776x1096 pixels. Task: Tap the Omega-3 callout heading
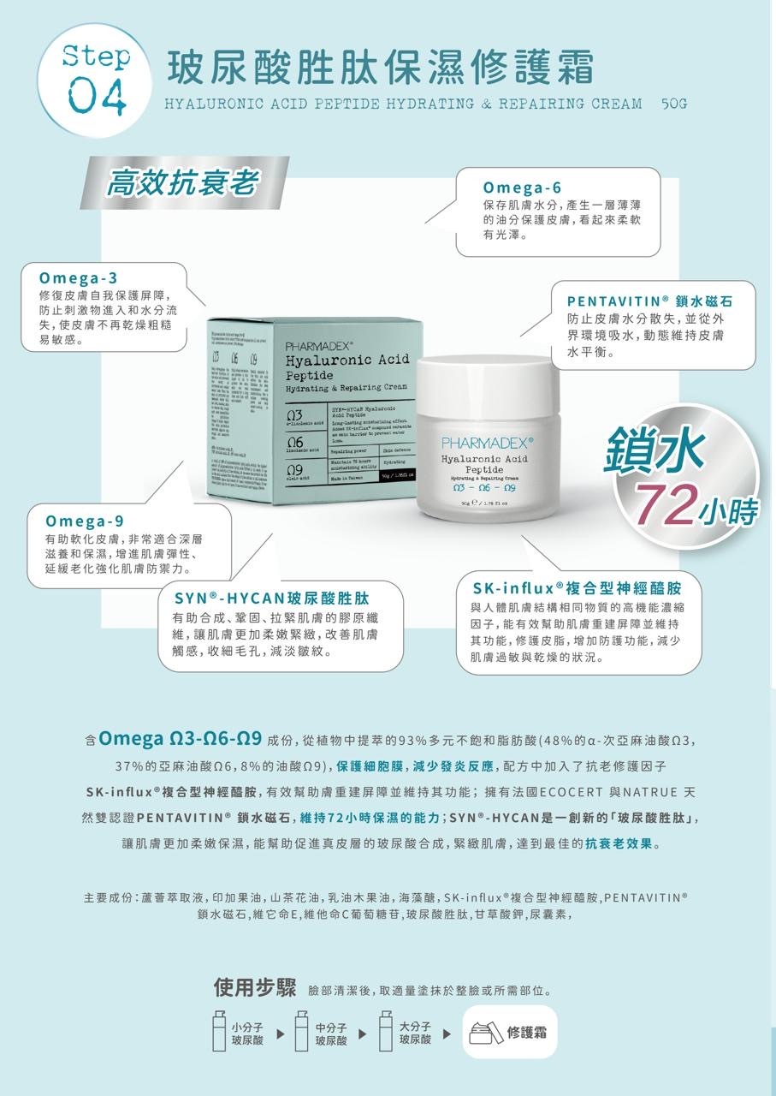click(x=79, y=278)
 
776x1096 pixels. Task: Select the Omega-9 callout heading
click(x=85, y=521)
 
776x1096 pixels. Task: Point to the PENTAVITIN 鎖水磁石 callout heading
click(x=649, y=301)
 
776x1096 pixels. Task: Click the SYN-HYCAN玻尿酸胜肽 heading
click(x=271, y=597)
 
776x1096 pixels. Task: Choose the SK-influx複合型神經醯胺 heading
click(x=577, y=588)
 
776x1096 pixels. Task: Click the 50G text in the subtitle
click(x=675, y=104)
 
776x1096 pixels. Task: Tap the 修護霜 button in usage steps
click(x=509, y=1032)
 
